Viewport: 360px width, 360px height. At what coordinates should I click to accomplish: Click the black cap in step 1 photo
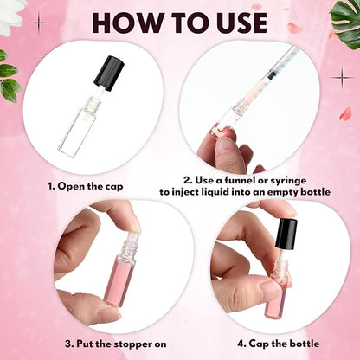[x=110, y=73]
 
